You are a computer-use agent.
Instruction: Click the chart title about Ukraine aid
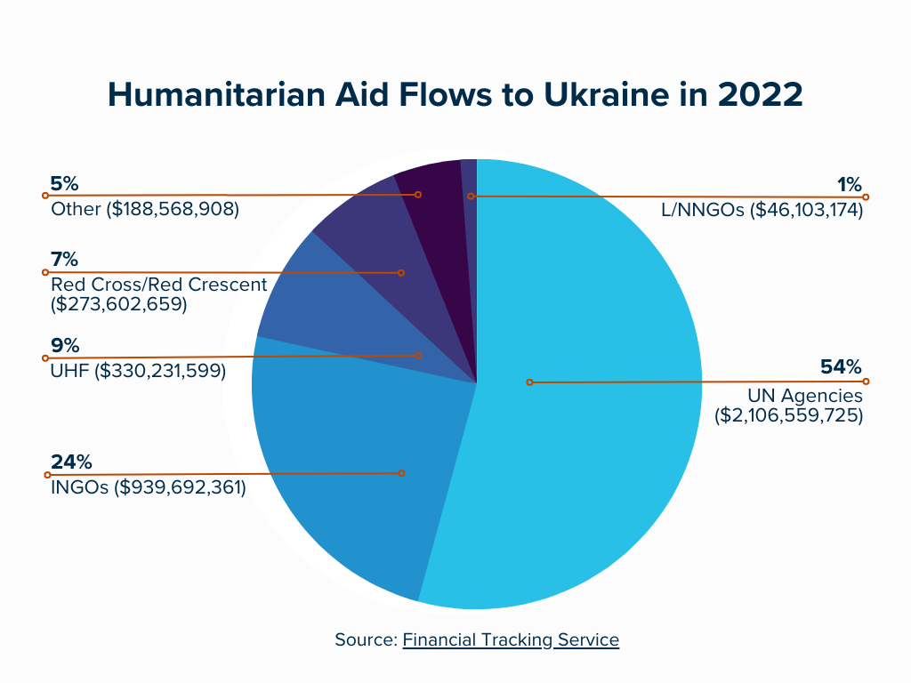[x=455, y=95]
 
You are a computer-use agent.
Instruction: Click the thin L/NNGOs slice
[x=470, y=178]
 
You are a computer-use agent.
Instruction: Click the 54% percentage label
[x=841, y=367]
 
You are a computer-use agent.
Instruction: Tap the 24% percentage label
[x=72, y=462]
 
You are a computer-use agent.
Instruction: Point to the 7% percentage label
[x=65, y=260]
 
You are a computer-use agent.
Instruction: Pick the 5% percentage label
[x=65, y=184]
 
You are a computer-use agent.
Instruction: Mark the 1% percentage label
[x=850, y=184]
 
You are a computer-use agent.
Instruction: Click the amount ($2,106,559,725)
[x=789, y=414]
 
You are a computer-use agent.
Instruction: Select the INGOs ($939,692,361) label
[x=149, y=487]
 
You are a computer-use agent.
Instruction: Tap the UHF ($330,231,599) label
[x=138, y=370]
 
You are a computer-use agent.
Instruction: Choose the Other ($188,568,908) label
[x=145, y=210]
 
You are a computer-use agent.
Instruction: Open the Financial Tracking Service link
[x=511, y=639]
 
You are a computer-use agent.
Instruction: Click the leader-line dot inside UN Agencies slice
[x=529, y=382]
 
